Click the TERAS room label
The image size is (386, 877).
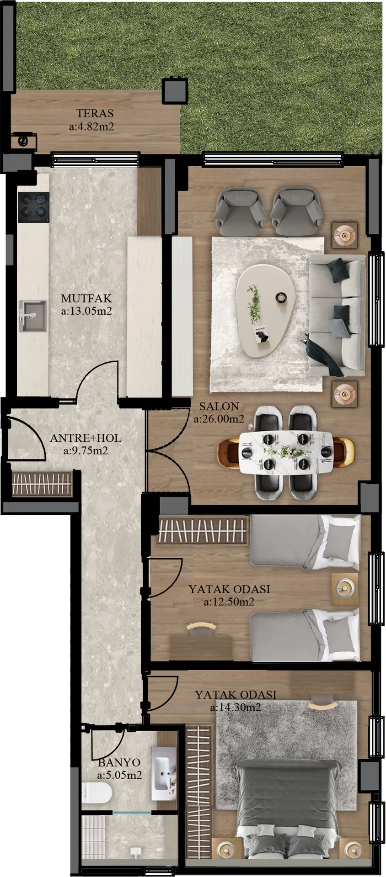point(95,113)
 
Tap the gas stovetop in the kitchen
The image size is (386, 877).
point(33,207)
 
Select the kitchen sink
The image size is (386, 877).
point(32,316)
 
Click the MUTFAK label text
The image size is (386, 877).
point(86,298)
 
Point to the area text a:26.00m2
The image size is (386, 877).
point(219,419)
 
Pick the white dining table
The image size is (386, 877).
point(286,452)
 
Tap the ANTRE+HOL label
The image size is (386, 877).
point(86,438)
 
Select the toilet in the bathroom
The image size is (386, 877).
point(96,793)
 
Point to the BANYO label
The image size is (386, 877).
point(119,762)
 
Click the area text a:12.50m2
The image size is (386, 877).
point(229,602)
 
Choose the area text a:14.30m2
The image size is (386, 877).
point(236,708)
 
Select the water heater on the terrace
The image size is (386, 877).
point(23,141)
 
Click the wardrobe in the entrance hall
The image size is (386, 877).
point(42,483)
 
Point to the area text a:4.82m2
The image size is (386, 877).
point(91,127)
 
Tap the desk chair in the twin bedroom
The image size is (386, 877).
point(202,629)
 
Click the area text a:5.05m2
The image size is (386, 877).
point(119,775)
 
